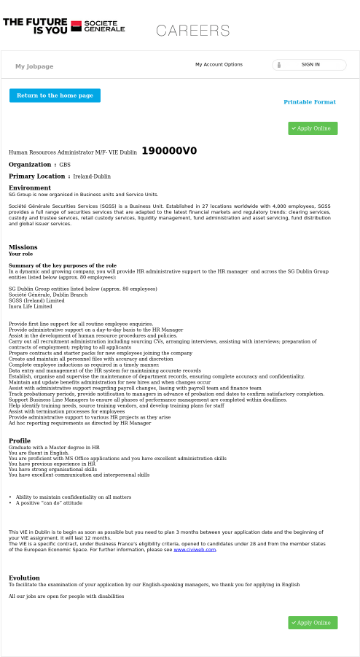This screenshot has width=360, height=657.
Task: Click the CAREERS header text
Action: tap(193, 31)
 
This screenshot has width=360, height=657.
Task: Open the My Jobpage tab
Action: tap(34, 66)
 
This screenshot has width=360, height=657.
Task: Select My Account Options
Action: tap(219, 65)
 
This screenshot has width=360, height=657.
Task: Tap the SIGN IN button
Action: tap(310, 65)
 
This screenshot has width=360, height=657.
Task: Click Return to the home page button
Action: tap(55, 96)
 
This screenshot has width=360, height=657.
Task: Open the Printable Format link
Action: tap(310, 102)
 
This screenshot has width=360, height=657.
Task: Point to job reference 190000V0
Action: tap(169, 151)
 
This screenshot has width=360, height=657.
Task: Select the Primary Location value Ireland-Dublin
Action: tap(92, 176)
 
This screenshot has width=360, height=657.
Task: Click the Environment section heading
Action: tap(30, 188)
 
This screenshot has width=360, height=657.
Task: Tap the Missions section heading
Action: tap(23, 247)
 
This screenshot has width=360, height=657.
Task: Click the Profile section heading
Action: tap(20, 440)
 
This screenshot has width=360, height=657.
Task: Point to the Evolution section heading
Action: tap(24, 578)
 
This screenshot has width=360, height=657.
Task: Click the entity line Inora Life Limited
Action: tap(31, 306)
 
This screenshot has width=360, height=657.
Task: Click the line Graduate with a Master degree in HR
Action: tap(54, 447)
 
